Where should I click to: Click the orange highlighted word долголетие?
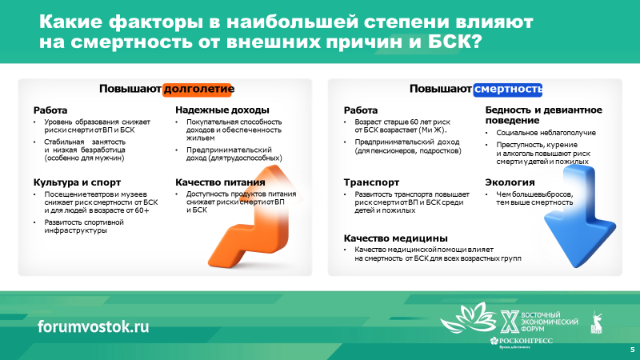pos(198,89)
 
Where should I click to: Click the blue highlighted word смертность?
pos(508,89)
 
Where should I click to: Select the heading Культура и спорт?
pos(77,182)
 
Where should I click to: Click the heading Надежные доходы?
pos(222,110)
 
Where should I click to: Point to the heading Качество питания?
pos(220,182)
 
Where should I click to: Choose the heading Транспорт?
pos(371,182)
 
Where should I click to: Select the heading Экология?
pos(510,182)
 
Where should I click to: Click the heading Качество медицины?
pos(395,238)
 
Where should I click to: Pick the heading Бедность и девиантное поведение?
pos(544,115)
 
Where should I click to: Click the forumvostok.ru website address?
pos(93,326)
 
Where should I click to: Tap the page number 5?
pos(633,350)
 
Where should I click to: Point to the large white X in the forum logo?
pos(510,322)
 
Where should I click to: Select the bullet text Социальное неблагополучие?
pos(546,133)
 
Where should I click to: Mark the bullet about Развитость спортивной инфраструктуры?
pos(84,226)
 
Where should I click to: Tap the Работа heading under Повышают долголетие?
pos(50,110)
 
